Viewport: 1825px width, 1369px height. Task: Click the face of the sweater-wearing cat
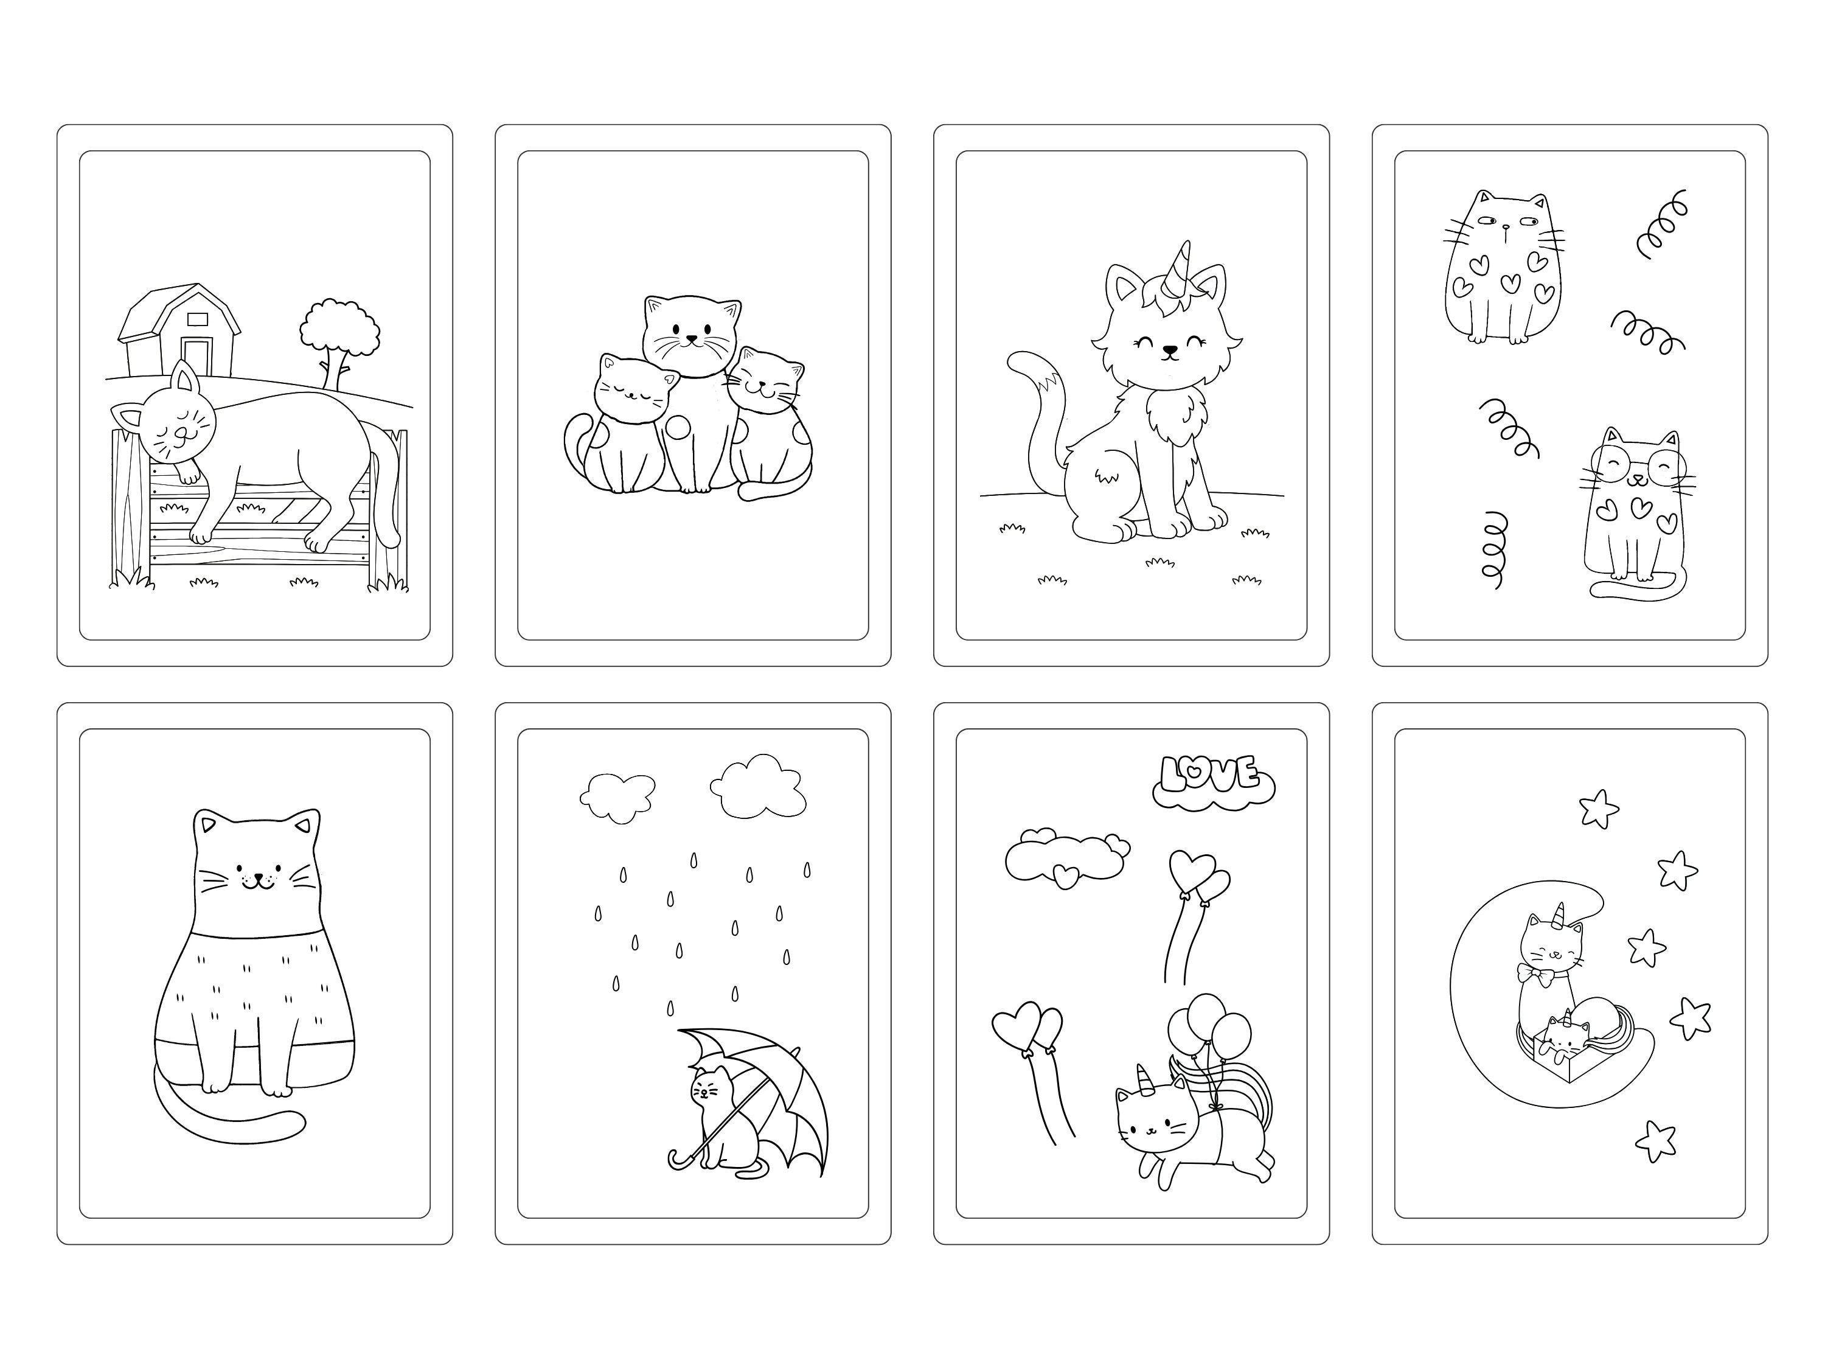(257, 875)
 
